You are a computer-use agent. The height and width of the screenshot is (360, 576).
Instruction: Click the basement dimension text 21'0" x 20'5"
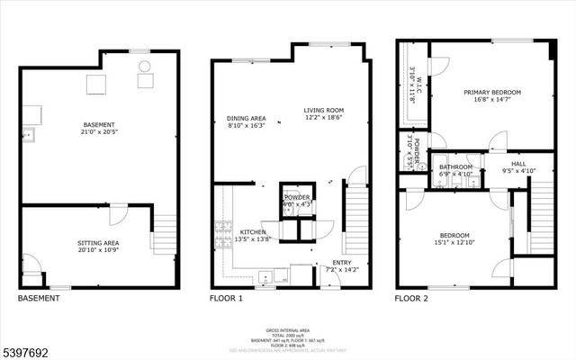point(99,132)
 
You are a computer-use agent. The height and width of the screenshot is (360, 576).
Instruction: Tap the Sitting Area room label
point(99,242)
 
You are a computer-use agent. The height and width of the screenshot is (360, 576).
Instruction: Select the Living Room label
point(323,109)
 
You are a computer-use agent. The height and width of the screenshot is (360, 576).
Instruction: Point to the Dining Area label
point(245,119)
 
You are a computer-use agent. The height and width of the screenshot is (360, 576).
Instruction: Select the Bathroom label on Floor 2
point(455,166)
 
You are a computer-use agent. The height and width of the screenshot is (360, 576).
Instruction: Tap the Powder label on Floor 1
point(296,197)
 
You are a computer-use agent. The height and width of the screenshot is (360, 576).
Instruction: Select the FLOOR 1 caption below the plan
point(227,298)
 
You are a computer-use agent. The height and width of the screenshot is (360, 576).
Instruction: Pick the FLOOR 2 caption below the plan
point(414,298)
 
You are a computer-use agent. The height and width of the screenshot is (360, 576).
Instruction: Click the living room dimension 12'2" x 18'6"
point(323,117)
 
